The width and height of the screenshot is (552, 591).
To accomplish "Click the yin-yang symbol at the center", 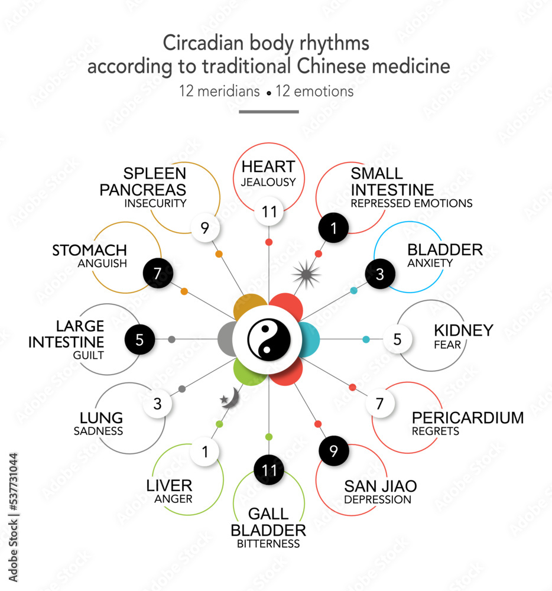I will [269, 339].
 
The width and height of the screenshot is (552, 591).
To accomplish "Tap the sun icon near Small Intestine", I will [307, 274].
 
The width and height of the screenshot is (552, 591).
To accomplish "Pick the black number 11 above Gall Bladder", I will [269, 470].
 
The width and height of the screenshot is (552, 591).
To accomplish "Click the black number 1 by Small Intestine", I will [334, 228].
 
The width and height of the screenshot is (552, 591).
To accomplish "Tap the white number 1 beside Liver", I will [205, 452].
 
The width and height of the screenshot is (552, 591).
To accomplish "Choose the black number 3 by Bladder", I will [380, 274].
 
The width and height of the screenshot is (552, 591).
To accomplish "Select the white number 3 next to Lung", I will [157, 405].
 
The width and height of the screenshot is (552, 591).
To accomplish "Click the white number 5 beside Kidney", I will [397, 339].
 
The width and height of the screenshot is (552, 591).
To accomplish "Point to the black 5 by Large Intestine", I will [140, 339].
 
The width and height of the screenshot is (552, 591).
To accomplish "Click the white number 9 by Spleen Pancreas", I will [205, 228].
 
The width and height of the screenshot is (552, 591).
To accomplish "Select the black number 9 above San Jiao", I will [334, 452].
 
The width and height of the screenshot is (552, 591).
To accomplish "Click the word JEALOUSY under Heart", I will [268, 183].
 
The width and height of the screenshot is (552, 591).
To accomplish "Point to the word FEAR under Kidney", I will [447, 345].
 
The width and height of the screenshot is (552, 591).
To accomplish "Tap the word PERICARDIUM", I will [467, 418].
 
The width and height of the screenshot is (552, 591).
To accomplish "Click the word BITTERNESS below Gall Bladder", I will [268, 544].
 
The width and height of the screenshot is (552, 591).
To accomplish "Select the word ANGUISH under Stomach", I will [102, 264].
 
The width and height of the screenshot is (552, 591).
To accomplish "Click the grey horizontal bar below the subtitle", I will [269, 111].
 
